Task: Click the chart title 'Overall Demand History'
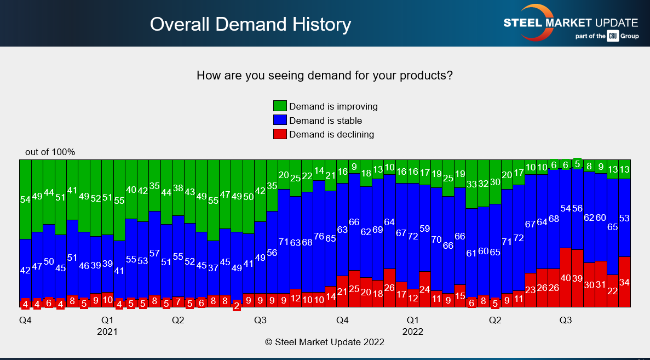pos(250,24)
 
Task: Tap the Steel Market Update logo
pos(571,24)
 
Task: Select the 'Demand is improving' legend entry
pos(326,106)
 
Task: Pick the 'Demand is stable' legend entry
pos(318,121)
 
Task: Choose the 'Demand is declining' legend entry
pos(324,134)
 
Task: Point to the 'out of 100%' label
pos(50,152)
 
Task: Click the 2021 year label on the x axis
pos(107,332)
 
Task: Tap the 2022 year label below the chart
pos(412,332)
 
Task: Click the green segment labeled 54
pos(25,199)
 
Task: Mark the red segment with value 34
pos(624,282)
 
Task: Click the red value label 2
pos(237,306)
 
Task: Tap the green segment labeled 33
pos(471,184)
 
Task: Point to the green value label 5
pos(577,164)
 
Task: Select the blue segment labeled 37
pos(213,268)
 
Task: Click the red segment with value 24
pos(424,289)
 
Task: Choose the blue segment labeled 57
pos(154,253)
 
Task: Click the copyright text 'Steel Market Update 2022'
pos(324,342)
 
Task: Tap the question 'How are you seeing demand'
pos(324,76)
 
